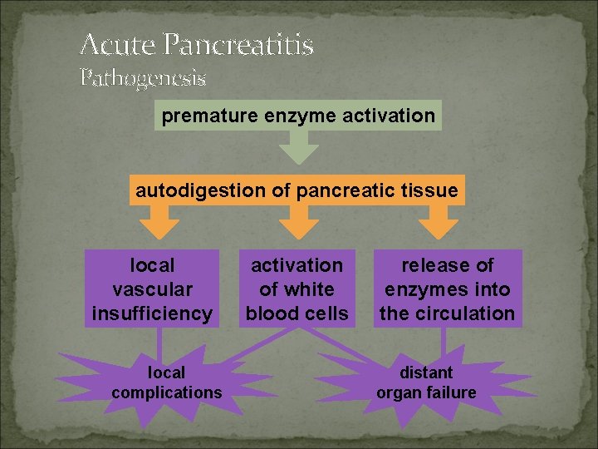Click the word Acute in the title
tap(118, 44)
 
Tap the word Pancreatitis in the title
tap(238, 44)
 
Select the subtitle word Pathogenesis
tap(143, 78)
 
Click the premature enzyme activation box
tap(298, 116)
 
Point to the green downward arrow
tap(298, 149)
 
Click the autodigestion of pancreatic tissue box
tap(297, 190)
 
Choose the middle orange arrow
tap(297, 221)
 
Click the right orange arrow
tap(439, 221)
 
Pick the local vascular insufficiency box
tap(152, 289)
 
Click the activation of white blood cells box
tap(297, 289)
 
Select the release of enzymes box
tap(448, 289)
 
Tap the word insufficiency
tap(152, 313)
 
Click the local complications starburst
tap(166, 382)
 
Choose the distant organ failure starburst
tap(426, 382)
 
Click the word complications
tap(166, 392)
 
